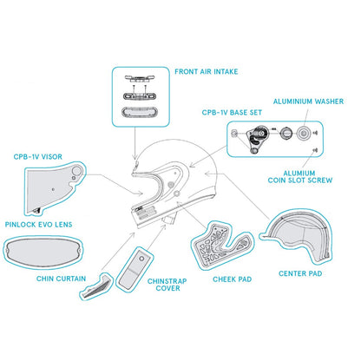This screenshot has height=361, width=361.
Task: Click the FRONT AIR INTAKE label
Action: (207, 72)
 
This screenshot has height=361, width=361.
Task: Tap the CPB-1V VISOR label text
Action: (38, 157)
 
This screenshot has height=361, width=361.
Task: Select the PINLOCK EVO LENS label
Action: (38, 225)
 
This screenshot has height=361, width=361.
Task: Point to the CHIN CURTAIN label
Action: (61, 279)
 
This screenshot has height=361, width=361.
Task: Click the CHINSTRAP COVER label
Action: (167, 285)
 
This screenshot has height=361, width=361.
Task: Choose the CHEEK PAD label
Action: (233, 279)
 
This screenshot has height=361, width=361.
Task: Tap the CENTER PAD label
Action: (300, 273)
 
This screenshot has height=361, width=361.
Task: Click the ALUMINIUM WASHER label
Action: (308, 102)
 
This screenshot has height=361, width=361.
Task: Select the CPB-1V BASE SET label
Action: (232, 113)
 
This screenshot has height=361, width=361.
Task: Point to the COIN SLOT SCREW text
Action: (300, 180)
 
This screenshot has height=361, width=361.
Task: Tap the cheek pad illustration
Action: (222, 246)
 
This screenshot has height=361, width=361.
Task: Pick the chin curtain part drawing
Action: (96, 286)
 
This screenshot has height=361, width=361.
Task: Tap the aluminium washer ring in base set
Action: (304, 134)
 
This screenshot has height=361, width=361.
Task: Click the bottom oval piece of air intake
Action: (140, 112)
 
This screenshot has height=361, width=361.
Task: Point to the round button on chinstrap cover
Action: (141, 259)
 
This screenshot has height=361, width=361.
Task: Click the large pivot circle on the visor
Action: (78, 170)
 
